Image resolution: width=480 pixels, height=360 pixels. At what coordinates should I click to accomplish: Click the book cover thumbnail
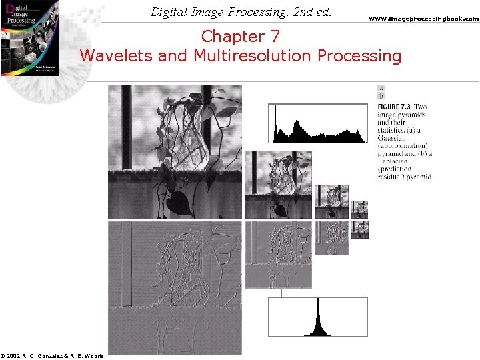pos(29,37)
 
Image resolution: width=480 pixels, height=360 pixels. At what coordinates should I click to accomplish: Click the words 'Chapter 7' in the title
pos(241,35)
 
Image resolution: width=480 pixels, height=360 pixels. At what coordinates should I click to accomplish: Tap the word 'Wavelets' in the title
pos(117,55)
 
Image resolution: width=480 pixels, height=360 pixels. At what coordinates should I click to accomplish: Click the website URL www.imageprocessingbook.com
pos(424,19)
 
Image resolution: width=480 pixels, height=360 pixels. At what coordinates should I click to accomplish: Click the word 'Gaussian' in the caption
pos(394,138)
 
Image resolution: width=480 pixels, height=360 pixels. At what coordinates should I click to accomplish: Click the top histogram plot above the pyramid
pos(317,124)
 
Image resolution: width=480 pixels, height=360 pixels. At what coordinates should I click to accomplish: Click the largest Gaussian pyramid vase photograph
pos(175,152)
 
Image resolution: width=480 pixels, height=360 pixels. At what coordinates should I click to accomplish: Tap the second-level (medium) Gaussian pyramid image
pos(278,185)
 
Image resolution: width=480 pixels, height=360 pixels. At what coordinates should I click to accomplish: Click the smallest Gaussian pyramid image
pos(360,207)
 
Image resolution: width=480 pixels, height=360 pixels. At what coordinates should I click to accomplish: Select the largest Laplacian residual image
pos(175,288)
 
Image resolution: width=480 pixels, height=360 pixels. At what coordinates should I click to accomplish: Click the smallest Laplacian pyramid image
pos(360,230)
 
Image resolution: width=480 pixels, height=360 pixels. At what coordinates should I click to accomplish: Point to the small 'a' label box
pos(381,88)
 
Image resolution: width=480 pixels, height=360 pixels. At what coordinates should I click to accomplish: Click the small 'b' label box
pos(381,96)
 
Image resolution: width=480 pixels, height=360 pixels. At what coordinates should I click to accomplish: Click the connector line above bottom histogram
pos(281,293)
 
